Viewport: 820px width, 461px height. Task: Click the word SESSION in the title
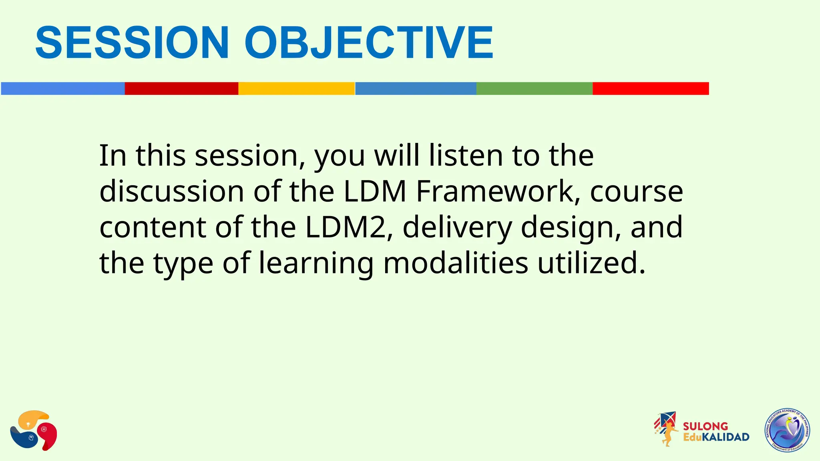point(132,43)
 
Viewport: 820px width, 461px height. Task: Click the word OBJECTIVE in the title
point(368,43)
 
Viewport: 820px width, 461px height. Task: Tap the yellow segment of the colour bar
point(296,88)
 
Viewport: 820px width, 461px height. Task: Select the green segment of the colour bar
point(534,88)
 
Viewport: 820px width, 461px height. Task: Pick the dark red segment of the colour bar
point(181,88)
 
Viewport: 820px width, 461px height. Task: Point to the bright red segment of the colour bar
point(651,88)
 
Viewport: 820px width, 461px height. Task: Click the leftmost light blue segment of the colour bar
point(63,88)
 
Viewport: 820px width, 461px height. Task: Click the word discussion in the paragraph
point(172,191)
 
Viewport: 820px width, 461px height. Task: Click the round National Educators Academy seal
point(787,431)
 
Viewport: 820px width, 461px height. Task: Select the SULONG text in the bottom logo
point(705,426)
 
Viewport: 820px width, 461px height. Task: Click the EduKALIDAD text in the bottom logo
point(716,437)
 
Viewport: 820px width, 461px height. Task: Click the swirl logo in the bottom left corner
point(34,431)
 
